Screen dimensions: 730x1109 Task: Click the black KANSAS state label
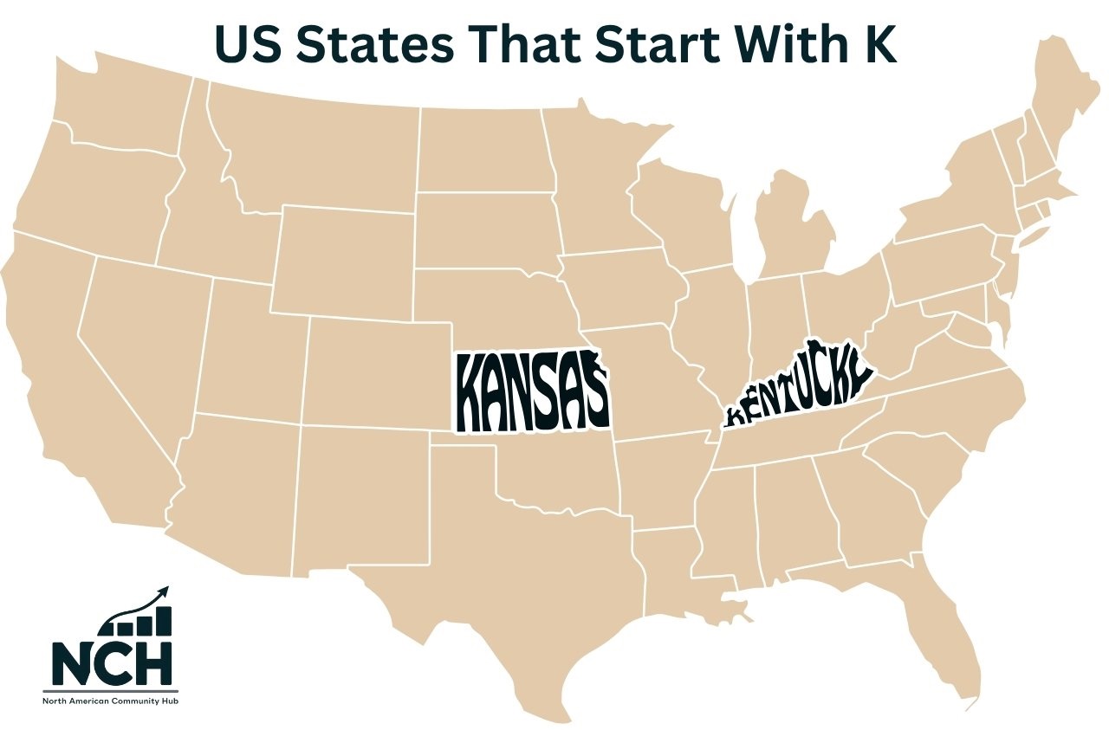[x=530, y=391]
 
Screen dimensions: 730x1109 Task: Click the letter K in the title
[x=880, y=43]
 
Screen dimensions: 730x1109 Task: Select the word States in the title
[x=370, y=43]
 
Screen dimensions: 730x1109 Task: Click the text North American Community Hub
[x=112, y=700]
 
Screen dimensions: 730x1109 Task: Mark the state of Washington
[x=121, y=113]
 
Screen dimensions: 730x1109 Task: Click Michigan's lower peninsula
[x=793, y=234]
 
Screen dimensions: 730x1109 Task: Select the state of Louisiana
[x=667, y=572]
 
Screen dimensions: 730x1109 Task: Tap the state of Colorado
[x=377, y=372]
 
